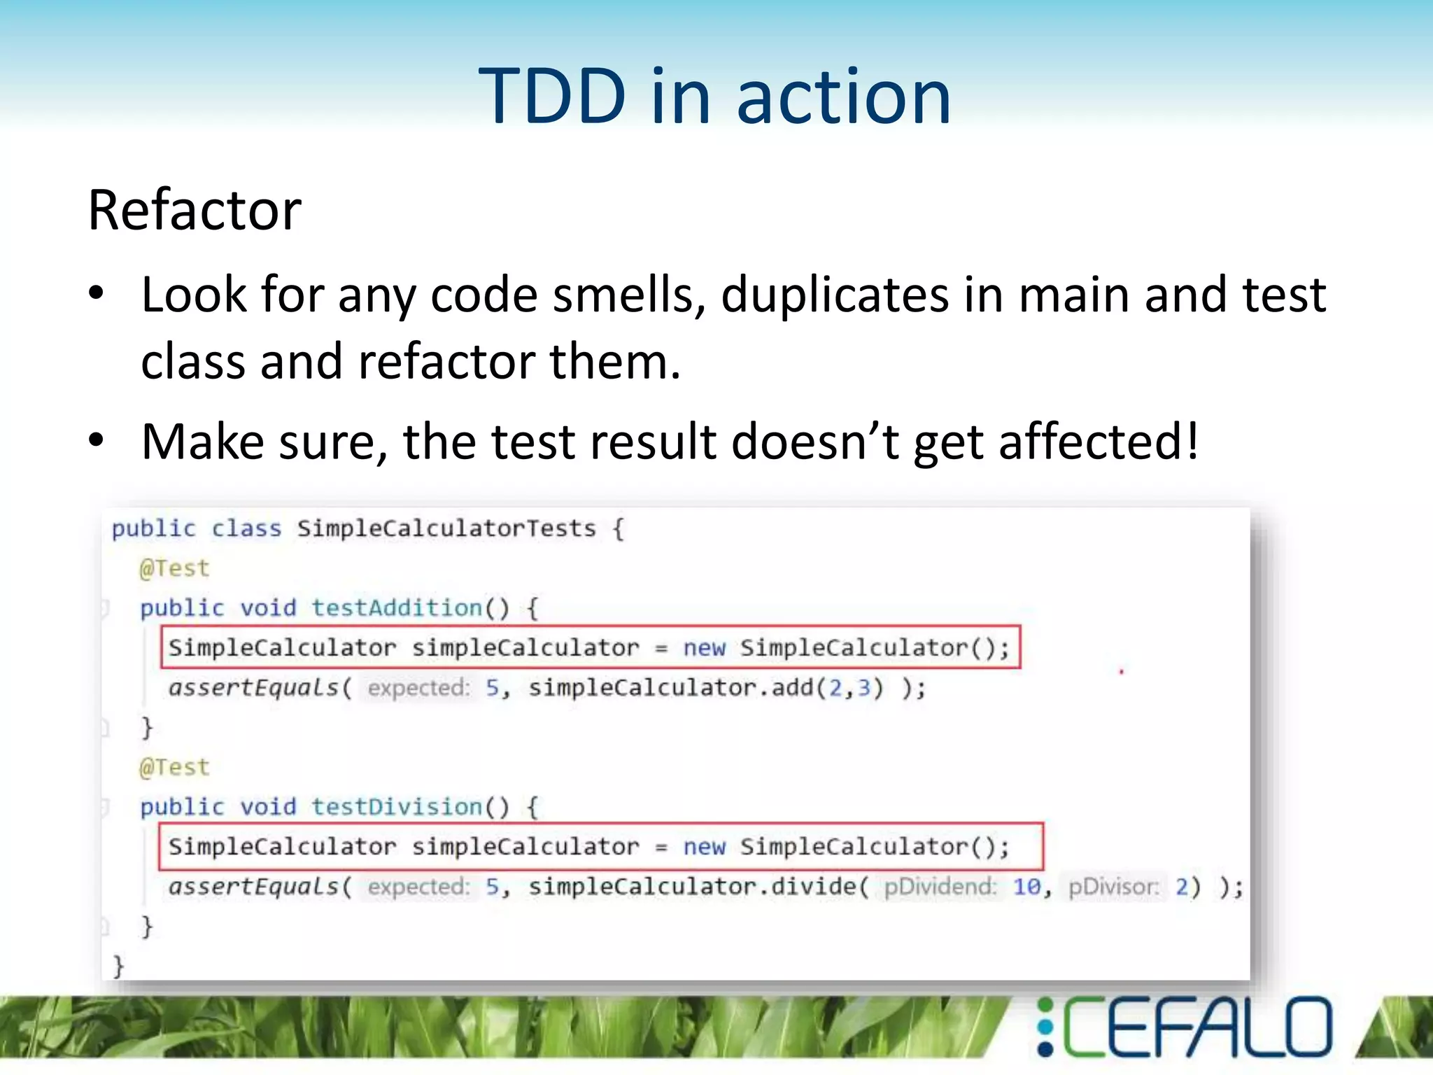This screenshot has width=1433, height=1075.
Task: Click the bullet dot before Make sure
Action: [97, 441]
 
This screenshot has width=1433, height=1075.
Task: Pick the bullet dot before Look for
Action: [97, 294]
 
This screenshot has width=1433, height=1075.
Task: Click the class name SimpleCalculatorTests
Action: [446, 528]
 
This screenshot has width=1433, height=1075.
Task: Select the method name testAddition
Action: [397, 607]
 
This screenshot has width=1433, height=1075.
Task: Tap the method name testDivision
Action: [397, 807]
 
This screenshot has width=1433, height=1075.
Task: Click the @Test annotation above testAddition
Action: [174, 568]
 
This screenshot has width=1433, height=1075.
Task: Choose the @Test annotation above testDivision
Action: [174, 768]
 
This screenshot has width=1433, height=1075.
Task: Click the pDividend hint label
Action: [940, 887]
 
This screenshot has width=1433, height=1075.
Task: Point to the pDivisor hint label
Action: [1113, 887]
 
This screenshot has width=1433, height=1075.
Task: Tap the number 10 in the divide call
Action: [1027, 887]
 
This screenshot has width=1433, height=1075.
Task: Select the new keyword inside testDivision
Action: [704, 847]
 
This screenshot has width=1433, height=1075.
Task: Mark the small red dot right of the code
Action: [1121, 672]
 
